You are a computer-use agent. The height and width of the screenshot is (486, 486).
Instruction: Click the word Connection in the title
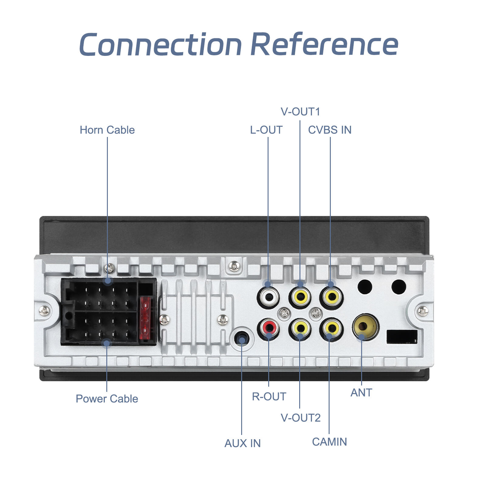click(160, 45)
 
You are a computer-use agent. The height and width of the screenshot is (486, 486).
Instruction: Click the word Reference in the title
click(324, 45)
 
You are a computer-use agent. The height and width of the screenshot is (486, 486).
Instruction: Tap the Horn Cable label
click(107, 130)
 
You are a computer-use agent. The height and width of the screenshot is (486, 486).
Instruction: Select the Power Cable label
click(107, 399)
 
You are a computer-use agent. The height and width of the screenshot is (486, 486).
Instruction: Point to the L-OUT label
click(266, 130)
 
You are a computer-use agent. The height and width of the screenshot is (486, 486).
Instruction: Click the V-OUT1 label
click(300, 112)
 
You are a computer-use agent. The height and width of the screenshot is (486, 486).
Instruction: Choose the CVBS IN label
click(330, 130)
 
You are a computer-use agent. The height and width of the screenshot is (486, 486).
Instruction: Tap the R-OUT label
click(269, 396)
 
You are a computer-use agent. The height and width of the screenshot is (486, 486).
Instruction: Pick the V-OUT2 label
click(300, 418)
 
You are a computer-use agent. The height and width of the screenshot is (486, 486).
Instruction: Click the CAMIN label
click(329, 442)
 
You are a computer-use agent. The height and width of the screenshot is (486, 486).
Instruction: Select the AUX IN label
click(242, 443)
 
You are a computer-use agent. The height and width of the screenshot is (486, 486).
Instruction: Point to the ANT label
click(361, 393)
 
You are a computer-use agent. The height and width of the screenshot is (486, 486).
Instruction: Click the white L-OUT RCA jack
click(269, 297)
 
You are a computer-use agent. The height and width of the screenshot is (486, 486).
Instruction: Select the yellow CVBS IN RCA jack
click(331, 297)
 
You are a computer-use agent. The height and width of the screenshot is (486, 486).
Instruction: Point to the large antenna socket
click(365, 326)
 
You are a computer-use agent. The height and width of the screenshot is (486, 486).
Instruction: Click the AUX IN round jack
click(242, 339)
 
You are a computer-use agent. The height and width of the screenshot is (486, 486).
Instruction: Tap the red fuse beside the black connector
click(145, 318)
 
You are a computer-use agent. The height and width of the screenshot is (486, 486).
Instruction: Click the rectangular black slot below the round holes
click(402, 337)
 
